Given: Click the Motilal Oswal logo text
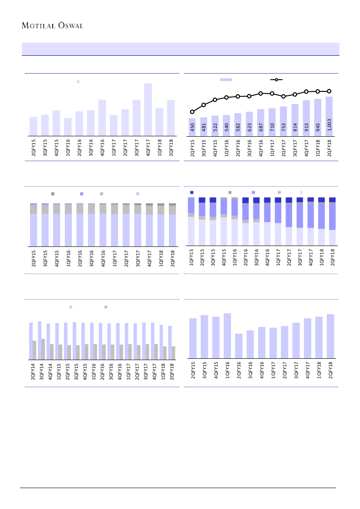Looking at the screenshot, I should coord(52,25).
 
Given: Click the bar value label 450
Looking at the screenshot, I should coord(192,128).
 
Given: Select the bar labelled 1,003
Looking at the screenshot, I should coord(329,115).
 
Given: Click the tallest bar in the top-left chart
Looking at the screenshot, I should coord(148,109).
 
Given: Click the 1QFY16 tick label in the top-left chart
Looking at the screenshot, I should coord(68,147).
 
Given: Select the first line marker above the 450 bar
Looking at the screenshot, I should coord(192,112).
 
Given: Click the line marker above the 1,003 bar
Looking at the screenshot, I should coord(329,91).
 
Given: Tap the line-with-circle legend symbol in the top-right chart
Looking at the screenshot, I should coord(276,80).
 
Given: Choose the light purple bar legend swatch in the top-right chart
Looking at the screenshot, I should coord(225,80).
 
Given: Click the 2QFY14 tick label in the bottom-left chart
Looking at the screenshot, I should coord(33,372).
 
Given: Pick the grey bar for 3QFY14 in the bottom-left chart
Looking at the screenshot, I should coord(43,349).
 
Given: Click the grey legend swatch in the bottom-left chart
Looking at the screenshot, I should coord(106,307).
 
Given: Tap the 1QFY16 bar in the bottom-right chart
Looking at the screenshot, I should coord(227,336).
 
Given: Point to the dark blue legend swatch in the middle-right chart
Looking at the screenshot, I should coord(192,192).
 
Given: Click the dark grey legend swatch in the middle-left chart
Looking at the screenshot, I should coord(53,193).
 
